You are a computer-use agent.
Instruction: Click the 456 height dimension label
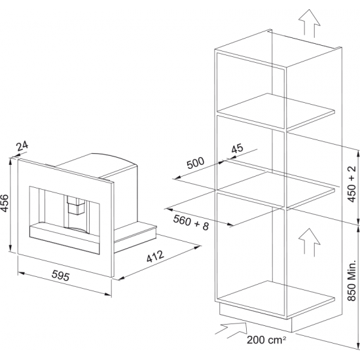click(5, 203)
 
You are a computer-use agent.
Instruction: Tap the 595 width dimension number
click(60, 276)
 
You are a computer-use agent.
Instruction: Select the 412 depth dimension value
click(155, 256)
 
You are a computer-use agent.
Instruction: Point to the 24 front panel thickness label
click(22, 146)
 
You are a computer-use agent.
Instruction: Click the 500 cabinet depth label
click(195, 163)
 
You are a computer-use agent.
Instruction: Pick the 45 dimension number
click(237, 149)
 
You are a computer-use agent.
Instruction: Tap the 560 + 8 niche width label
click(191, 223)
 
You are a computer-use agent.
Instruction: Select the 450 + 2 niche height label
click(351, 184)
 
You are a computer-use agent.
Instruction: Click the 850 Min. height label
click(351, 280)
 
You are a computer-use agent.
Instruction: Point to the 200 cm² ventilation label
click(266, 340)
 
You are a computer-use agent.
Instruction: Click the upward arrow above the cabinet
click(309, 23)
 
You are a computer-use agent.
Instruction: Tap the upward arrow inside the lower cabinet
click(309, 241)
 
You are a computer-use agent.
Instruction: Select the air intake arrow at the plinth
click(232, 330)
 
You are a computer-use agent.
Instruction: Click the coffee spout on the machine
click(76, 205)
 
